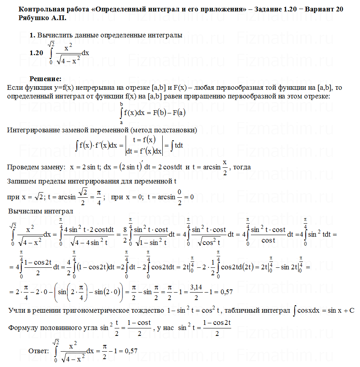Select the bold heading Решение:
pos(45,79)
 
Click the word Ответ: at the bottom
pos(39,351)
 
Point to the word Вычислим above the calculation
pos(24,211)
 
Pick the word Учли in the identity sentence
pos(16,311)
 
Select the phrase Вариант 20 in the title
pos(323,9)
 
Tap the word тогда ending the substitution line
pos(242,167)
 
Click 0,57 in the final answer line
pos(131,351)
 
